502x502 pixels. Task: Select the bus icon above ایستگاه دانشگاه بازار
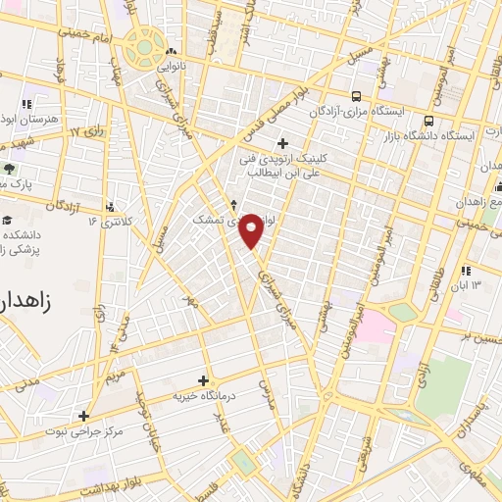pyautogui.click(x=428, y=122)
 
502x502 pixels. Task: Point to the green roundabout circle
pyautogui.click(x=145, y=44)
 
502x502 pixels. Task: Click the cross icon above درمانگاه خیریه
pyautogui.click(x=204, y=380)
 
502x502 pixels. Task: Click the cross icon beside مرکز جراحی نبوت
pyautogui.click(x=84, y=416)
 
